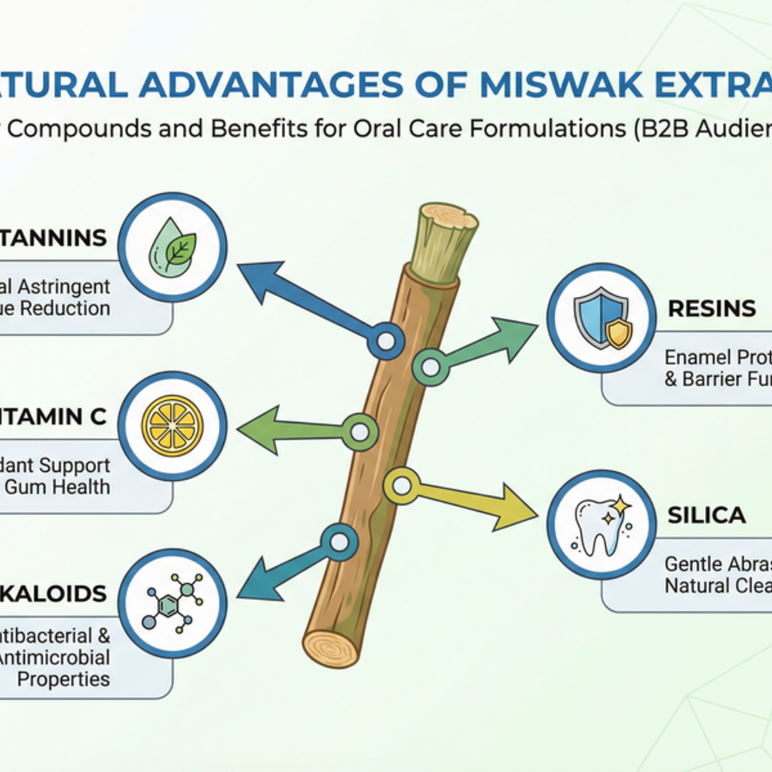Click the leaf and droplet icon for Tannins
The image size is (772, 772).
(x=173, y=247)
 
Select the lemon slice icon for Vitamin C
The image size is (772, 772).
(x=173, y=426)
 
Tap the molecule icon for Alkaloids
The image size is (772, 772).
(x=173, y=603)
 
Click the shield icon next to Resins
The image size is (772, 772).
(x=602, y=317)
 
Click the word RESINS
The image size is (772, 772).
(x=712, y=308)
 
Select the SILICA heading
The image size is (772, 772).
(x=706, y=515)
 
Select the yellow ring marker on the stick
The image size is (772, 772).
(x=402, y=486)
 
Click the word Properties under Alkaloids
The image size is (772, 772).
(x=63, y=679)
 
